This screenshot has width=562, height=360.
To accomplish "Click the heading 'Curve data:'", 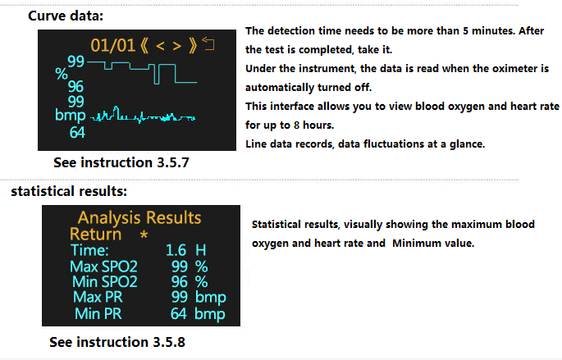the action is point(66,16).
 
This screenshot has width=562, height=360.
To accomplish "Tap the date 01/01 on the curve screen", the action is point(112,46).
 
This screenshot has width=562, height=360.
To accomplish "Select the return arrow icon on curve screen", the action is point(208,43).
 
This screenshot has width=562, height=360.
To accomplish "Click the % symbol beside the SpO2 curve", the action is point(62,74).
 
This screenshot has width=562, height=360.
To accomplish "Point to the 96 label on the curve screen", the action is point(75,86).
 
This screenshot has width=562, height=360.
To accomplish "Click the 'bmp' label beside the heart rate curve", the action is point(71,116).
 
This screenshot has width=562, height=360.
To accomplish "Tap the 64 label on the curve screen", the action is point(77,133).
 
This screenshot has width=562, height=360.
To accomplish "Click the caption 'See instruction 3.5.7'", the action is point(121,162).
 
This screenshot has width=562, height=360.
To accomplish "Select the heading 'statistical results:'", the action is point(69,191).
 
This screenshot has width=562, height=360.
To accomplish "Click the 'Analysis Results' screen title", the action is point(139,217).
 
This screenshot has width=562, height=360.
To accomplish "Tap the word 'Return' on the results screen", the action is point(95,235).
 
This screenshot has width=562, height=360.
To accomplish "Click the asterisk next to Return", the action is point(144,235).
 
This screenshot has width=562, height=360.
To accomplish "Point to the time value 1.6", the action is point(176,250).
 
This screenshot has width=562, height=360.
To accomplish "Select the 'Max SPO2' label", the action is point(103,267).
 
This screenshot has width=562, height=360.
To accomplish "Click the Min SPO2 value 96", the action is point(179,282).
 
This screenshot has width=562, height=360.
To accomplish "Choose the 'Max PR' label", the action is point(98,298).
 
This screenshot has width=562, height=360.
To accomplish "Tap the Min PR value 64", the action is point(179,314).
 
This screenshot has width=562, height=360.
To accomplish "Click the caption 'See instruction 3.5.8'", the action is point(117,342).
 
